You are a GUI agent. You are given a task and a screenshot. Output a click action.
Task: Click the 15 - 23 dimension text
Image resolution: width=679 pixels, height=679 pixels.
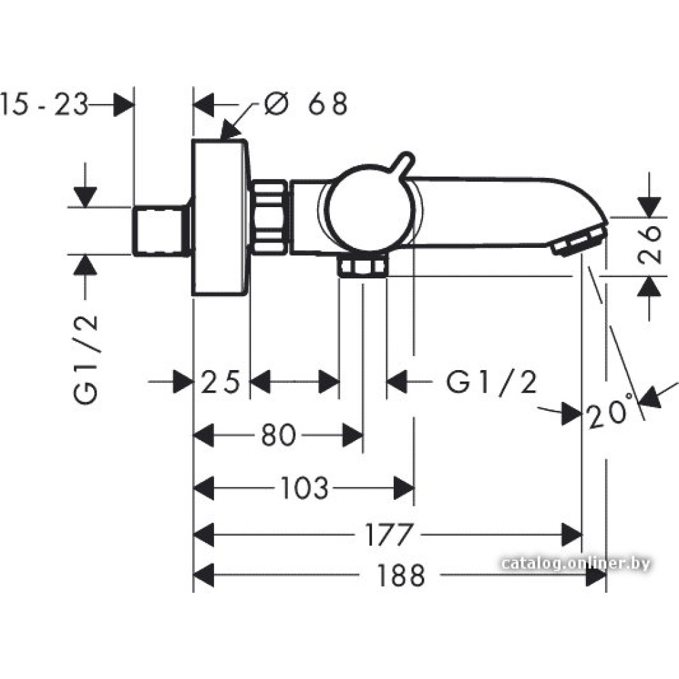[45, 105]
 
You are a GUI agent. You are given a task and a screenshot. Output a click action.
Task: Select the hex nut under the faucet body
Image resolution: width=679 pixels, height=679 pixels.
[363, 268]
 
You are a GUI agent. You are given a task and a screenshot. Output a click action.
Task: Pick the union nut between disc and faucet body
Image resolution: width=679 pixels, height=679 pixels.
[270, 217]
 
